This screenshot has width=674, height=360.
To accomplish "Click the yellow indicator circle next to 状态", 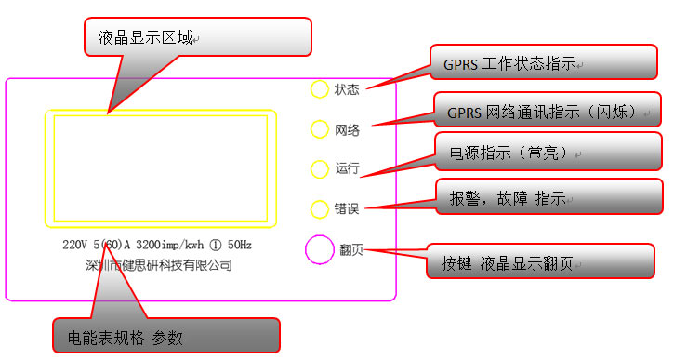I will pyautogui.click(x=319, y=89).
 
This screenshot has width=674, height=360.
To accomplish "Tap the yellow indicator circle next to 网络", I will pyautogui.click(x=319, y=128).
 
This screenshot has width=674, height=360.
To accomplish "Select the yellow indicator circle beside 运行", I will pyautogui.click(x=319, y=168).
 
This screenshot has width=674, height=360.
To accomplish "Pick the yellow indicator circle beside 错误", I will pyautogui.click(x=319, y=207).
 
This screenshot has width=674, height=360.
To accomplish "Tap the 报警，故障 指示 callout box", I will pyautogui.click(x=548, y=197).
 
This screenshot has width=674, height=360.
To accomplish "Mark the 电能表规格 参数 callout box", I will pyautogui.click(x=165, y=336).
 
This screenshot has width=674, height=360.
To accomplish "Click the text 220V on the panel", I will pyautogui.click(x=76, y=246).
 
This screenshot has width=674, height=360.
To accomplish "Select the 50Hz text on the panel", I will pyautogui.click(x=239, y=246).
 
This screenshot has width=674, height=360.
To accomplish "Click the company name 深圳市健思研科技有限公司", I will pyautogui.click(x=158, y=265).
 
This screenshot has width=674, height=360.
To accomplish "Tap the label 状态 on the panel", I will pyautogui.click(x=347, y=90).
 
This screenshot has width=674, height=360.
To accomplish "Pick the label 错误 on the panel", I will pyautogui.click(x=347, y=208).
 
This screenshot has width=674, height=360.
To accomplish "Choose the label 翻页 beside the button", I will pyautogui.click(x=351, y=249).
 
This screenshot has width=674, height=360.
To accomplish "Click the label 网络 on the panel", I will pyautogui.click(x=347, y=129).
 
